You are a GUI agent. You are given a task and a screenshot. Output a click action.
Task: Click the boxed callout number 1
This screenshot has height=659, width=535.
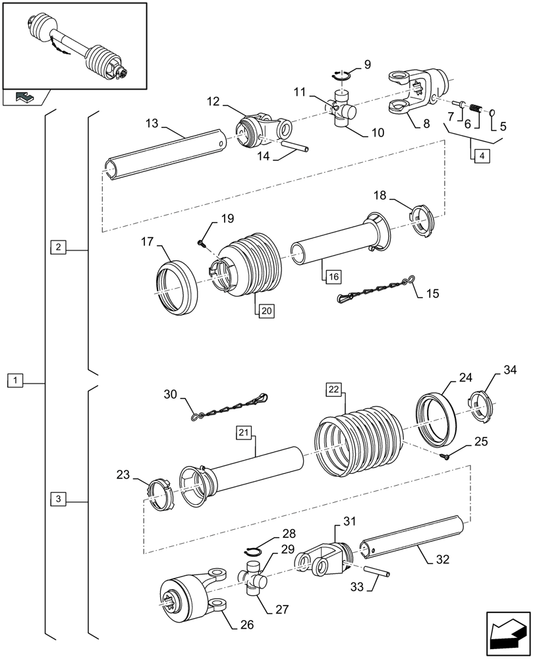[x=16, y=380]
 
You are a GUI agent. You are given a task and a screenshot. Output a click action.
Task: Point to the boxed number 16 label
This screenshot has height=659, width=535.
[x=331, y=275]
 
